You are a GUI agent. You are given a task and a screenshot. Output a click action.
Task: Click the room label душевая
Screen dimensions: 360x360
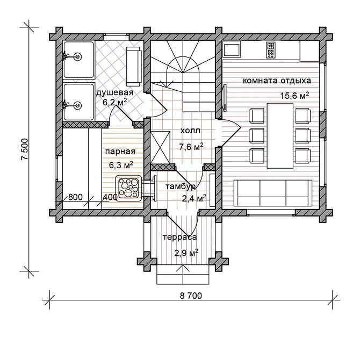point(114,93)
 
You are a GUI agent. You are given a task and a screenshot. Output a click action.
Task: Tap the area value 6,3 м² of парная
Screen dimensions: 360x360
point(121,165)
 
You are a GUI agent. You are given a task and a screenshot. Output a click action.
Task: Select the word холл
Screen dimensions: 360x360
point(190,131)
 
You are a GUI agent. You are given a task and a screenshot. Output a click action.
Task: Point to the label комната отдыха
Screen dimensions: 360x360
point(277,81)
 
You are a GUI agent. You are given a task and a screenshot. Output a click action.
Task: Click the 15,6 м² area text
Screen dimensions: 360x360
point(294,96)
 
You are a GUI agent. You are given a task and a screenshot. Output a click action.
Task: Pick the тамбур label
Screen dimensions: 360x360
point(181,186)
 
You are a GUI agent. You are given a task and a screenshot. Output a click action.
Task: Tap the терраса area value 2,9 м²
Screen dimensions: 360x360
point(186,253)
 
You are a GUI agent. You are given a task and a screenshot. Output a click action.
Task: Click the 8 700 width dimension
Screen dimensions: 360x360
point(191,296)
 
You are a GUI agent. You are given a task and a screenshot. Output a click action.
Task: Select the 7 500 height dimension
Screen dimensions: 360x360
point(24,149)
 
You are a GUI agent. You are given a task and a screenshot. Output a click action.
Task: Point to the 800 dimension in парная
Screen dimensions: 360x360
point(75,197)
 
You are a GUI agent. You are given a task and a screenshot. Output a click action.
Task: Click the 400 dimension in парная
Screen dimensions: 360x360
point(111,197)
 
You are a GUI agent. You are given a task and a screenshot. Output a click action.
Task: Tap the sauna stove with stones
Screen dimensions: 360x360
point(128,188)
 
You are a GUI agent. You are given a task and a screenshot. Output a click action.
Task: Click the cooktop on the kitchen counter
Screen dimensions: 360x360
point(270,50)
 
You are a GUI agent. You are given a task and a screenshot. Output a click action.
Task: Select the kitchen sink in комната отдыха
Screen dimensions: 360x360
point(232,49)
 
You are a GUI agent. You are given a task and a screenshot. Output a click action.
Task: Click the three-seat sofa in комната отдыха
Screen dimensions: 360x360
point(273,193)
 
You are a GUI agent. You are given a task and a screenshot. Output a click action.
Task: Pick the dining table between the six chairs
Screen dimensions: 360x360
point(280,136)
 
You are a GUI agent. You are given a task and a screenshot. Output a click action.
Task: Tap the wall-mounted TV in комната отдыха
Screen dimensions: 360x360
point(224,98)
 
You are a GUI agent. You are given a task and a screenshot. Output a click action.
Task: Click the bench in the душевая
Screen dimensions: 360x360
point(134,66)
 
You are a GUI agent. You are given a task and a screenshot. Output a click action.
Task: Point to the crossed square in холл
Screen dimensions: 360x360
point(160,147)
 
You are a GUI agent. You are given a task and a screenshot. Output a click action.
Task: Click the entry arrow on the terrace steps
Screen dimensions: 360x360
point(183,275)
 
